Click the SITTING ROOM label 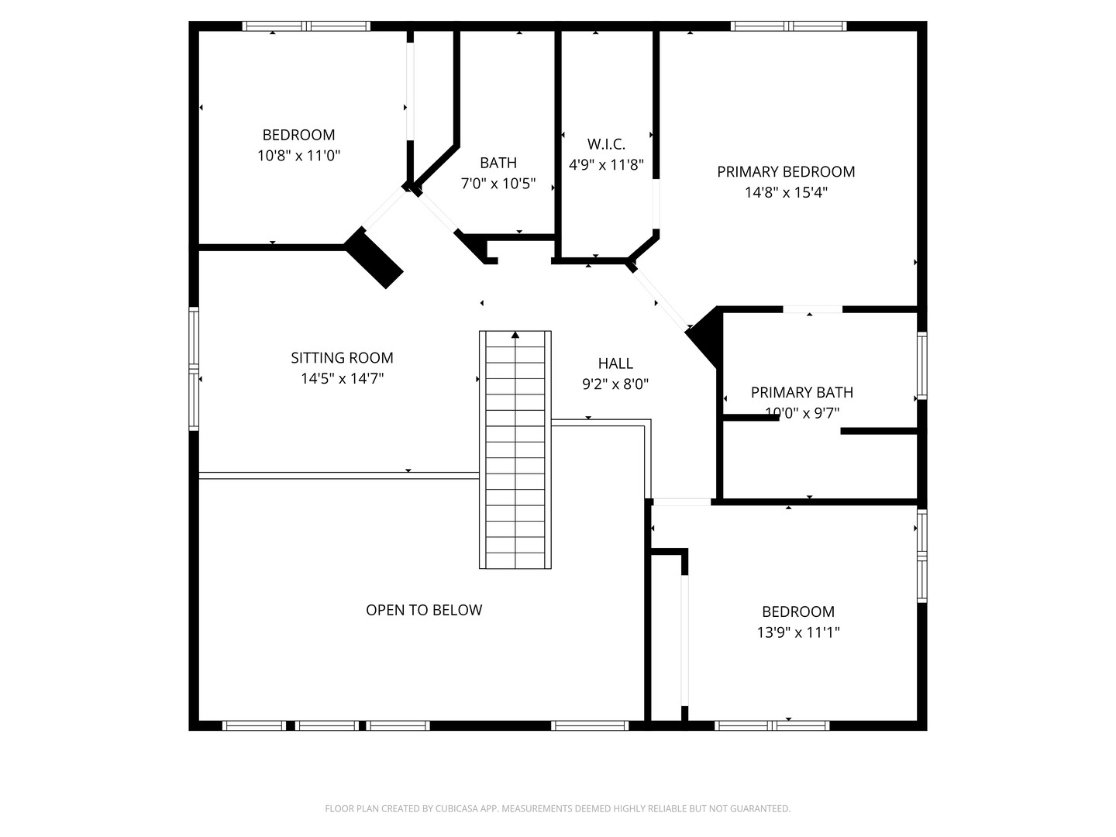342,357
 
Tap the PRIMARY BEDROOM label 786,171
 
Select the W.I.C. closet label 606,143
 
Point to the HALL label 615,363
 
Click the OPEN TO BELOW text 424,610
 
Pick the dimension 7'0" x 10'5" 498,184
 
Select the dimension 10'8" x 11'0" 298,156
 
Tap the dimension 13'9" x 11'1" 798,632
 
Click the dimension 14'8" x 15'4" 786,192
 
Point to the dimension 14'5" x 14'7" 342,378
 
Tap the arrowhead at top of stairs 515,335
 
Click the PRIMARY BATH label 802,392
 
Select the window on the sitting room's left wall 194,368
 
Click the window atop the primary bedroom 788,26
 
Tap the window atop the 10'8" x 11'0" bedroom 306,26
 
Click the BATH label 498,163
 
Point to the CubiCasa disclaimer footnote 557,808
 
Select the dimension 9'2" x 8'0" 615,384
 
